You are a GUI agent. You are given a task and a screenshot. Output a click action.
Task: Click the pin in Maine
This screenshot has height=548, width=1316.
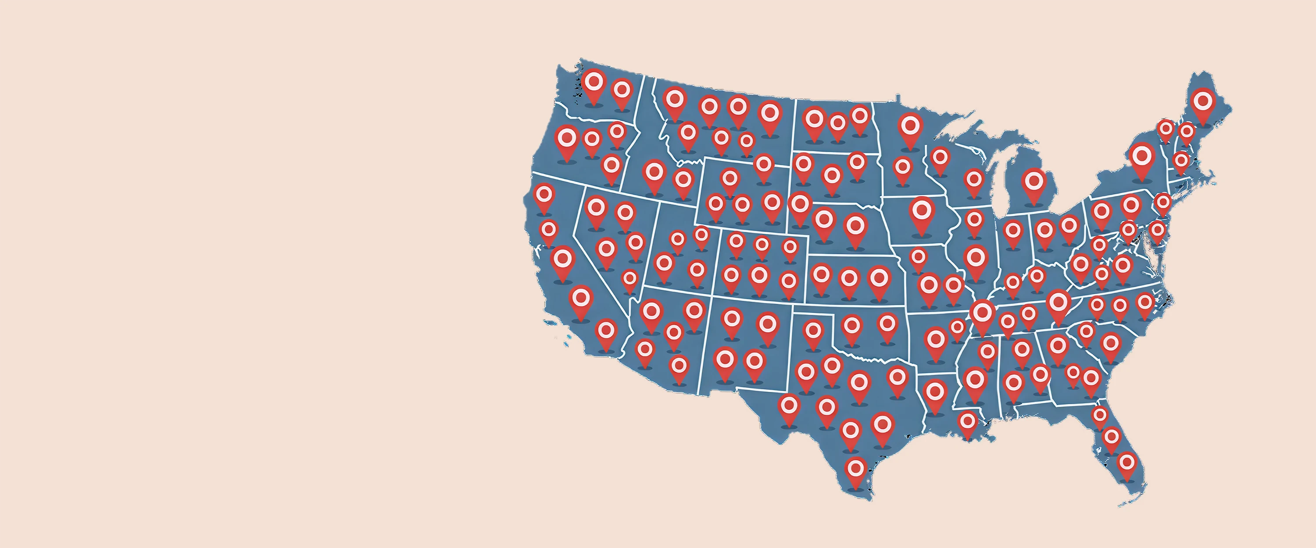click(x=1203, y=103)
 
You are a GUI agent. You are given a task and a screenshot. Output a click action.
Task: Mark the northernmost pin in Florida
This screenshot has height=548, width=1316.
click(x=1100, y=415)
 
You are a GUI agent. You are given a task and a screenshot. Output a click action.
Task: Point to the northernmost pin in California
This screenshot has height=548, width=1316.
click(x=544, y=195)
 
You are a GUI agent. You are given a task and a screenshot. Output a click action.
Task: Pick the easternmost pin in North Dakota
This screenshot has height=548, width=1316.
click(x=860, y=117)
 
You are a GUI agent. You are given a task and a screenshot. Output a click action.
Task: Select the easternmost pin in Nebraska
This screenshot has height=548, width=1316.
click(x=856, y=226)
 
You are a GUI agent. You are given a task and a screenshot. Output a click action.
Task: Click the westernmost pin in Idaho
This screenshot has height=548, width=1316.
click(x=654, y=173)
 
